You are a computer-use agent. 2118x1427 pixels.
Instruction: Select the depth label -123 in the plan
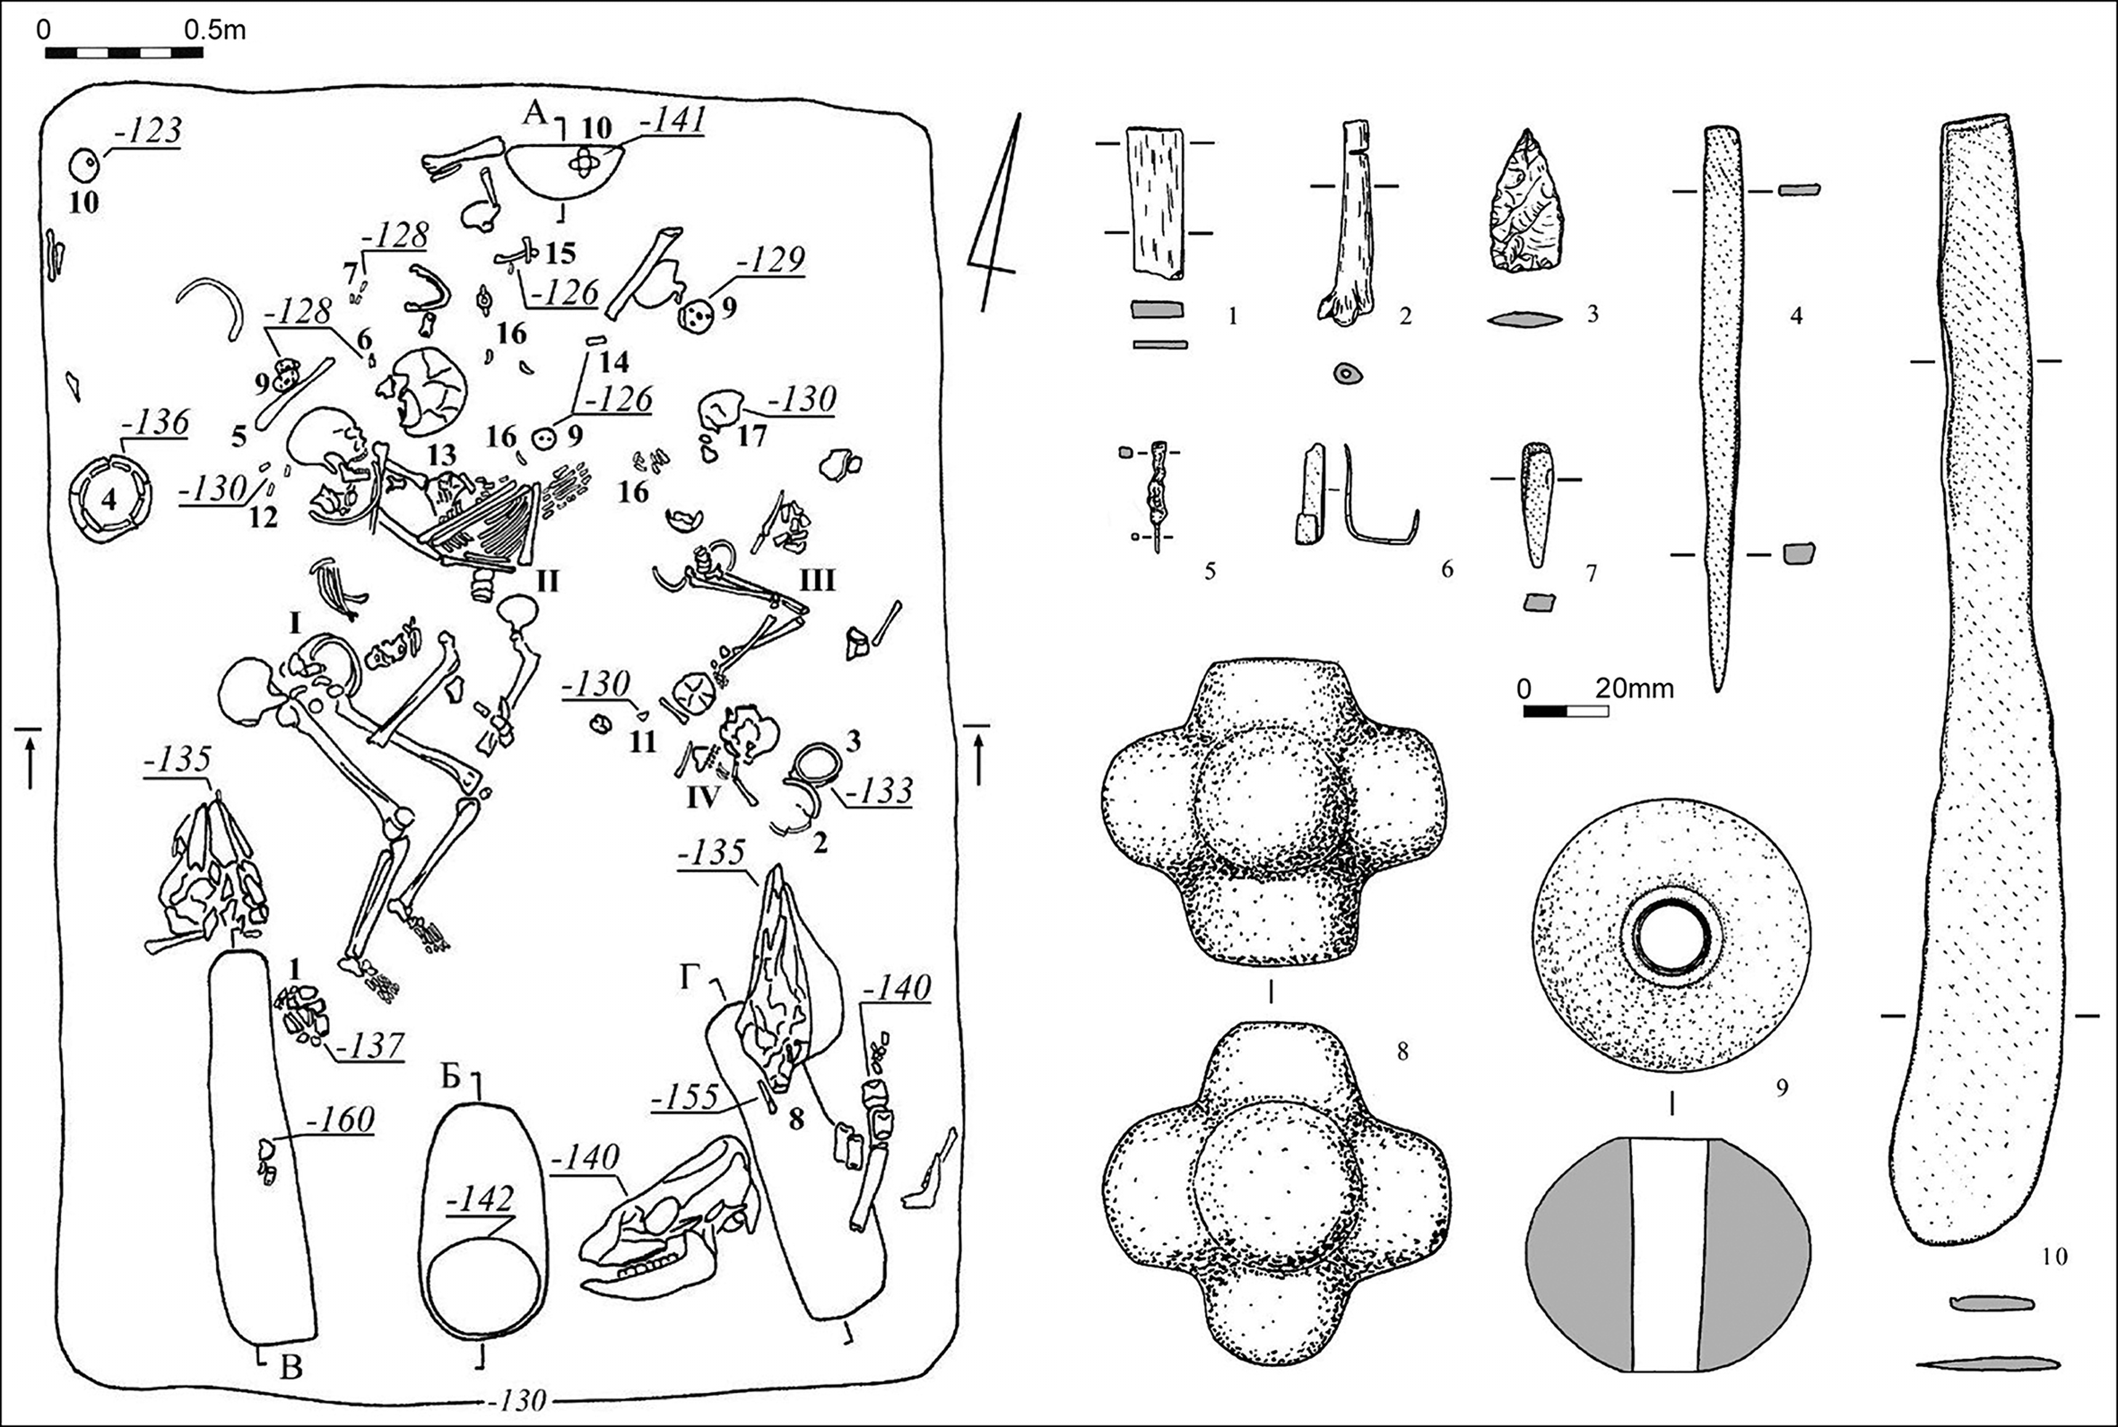point(147,131)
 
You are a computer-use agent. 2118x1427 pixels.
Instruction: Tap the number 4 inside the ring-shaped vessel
point(109,499)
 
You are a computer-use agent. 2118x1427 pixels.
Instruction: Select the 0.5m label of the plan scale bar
point(215,30)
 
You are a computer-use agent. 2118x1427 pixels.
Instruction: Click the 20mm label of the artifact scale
point(1635,689)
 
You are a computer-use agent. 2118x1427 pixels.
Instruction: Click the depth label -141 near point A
point(673,121)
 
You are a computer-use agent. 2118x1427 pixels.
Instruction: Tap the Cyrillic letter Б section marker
point(450,1077)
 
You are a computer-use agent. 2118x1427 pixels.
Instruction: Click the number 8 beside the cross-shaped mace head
point(1402,1052)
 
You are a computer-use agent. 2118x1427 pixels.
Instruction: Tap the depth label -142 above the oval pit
point(480,1200)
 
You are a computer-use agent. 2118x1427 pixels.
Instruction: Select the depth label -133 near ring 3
point(880,790)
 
